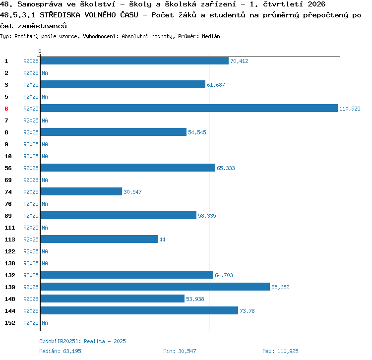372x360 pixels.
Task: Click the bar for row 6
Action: click(x=189, y=108)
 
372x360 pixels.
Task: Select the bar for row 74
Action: click(x=81, y=191)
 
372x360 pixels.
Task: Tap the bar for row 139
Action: click(x=155, y=287)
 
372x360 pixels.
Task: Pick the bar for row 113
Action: click(x=99, y=239)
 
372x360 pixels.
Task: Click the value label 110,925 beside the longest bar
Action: click(x=350, y=109)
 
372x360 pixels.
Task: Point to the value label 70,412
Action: click(x=239, y=61)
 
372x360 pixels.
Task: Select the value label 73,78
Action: click(x=247, y=311)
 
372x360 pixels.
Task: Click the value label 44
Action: click(x=162, y=240)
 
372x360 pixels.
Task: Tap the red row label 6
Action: click(x=6, y=109)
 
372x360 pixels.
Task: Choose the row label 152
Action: click(x=10, y=323)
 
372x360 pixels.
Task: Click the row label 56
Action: click(x=8, y=168)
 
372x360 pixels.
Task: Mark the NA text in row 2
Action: click(x=45, y=73)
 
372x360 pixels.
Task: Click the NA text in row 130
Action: click(x=45, y=263)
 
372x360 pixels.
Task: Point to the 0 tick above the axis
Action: click(x=40, y=51)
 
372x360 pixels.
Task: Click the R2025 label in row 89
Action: click(x=31, y=216)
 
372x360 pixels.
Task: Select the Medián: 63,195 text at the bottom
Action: click(x=60, y=351)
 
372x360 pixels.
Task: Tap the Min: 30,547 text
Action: click(x=180, y=351)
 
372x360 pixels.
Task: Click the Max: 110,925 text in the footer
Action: click(x=280, y=351)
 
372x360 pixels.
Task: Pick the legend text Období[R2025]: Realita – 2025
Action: click(x=82, y=341)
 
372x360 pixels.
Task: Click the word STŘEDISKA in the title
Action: click(x=60, y=15)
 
